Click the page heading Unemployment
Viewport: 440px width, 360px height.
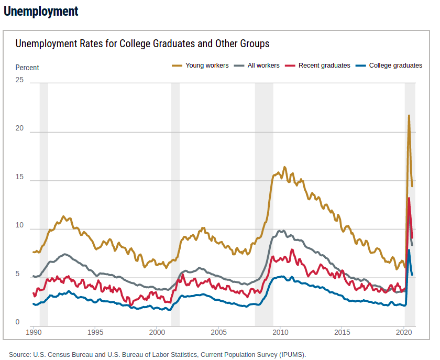(41, 11)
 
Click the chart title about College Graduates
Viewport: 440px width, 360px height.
(142, 43)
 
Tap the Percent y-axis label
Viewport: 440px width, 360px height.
(27, 68)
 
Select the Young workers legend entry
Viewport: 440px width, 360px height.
(206, 66)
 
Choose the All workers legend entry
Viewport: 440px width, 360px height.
(263, 66)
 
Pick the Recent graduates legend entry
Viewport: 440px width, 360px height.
(324, 66)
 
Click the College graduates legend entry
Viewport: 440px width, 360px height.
(395, 66)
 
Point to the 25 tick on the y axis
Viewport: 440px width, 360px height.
(19, 80)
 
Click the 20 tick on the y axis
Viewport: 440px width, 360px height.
(19, 129)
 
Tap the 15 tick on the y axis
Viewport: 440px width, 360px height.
(19, 178)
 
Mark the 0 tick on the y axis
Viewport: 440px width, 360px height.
(17, 322)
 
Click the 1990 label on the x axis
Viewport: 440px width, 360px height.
(34, 333)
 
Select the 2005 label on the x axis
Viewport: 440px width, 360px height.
(218, 333)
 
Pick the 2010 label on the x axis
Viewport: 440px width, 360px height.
(280, 333)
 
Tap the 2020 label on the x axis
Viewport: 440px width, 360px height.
(404, 333)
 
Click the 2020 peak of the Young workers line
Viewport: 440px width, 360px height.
(409, 116)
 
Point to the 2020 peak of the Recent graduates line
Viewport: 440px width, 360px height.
(409, 199)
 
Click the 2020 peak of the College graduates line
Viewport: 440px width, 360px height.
(409, 250)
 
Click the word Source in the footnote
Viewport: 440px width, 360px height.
(19, 354)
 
